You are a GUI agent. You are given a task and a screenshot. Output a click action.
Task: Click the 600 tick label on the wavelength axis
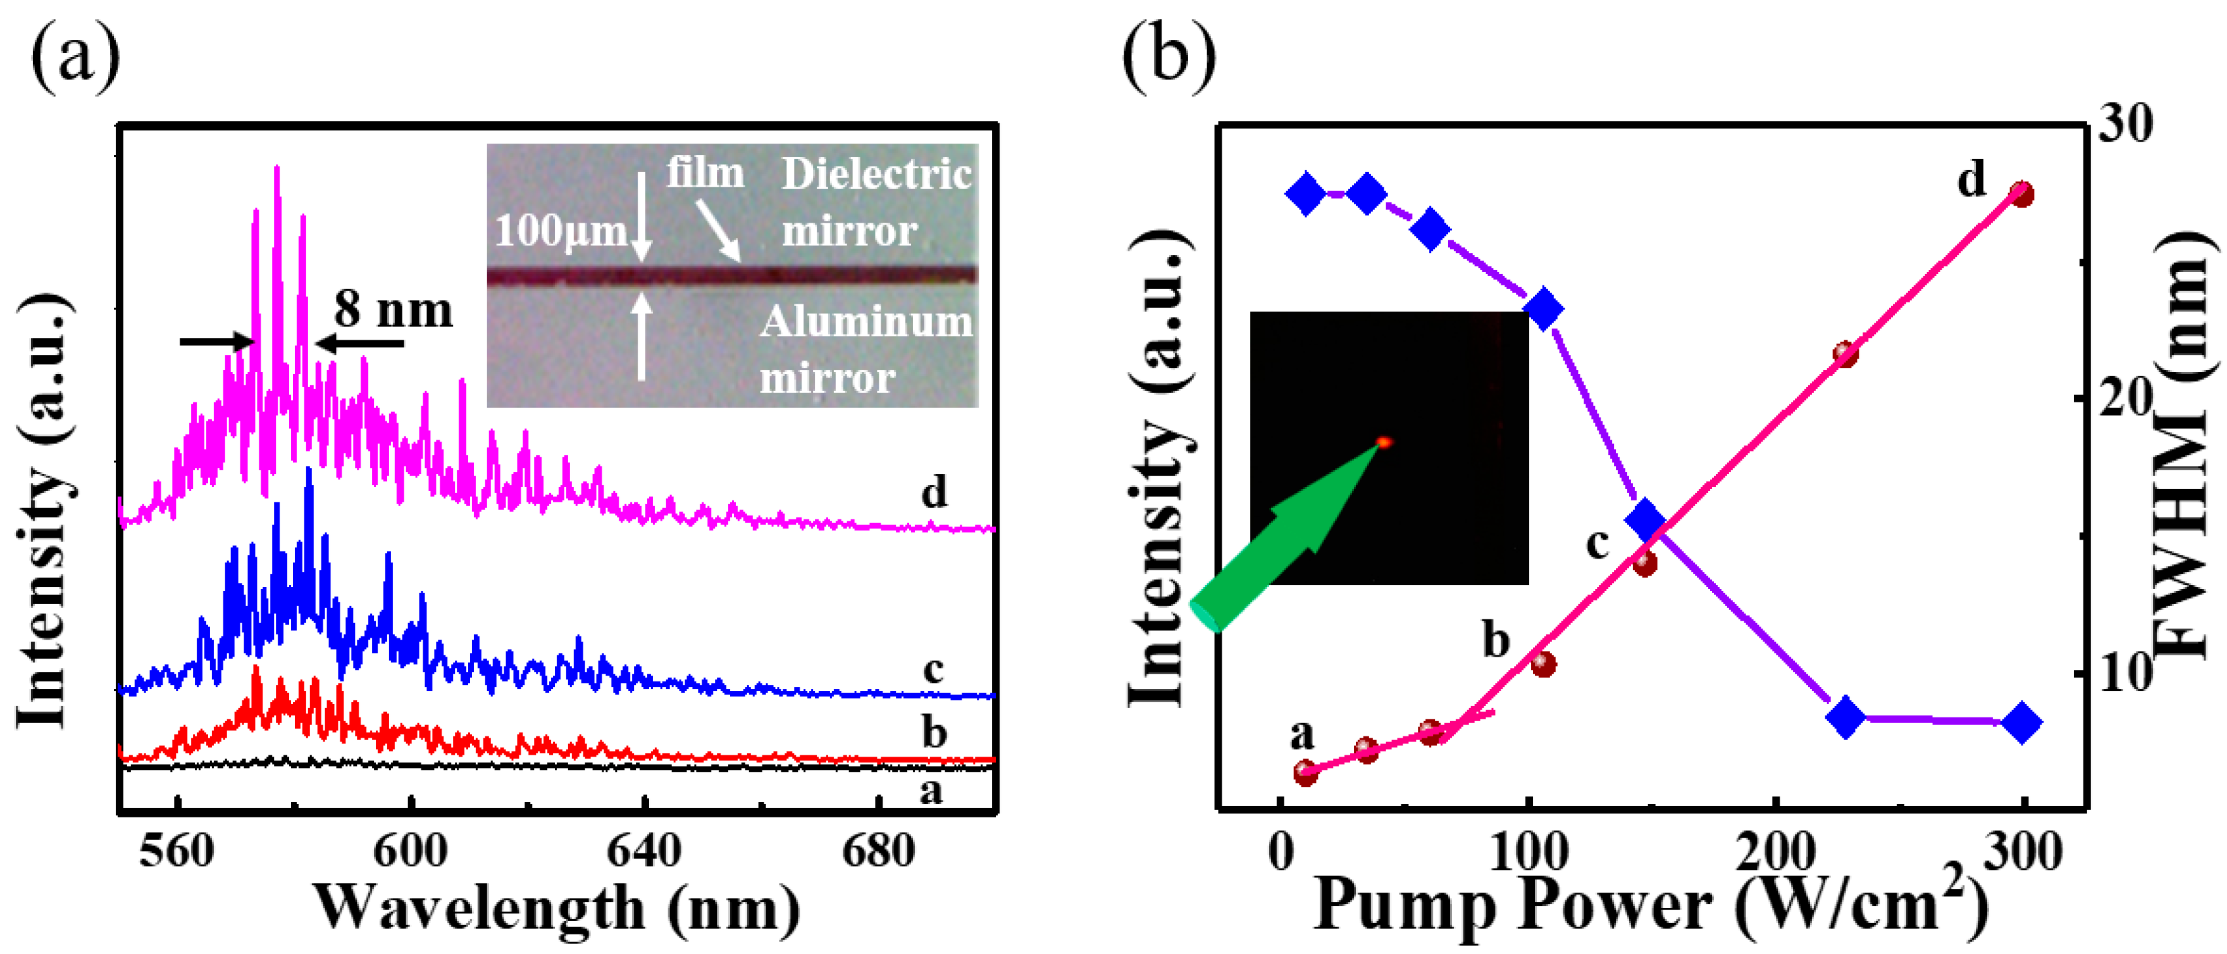(x=410, y=852)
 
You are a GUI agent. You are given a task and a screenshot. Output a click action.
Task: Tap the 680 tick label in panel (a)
(x=878, y=852)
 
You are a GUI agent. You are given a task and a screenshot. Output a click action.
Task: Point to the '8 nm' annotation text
(x=394, y=309)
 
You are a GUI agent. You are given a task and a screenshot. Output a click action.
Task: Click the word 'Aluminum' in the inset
(x=866, y=322)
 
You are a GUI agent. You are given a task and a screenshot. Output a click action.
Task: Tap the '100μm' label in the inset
(x=560, y=232)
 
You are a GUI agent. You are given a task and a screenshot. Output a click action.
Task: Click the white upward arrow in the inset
(x=642, y=337)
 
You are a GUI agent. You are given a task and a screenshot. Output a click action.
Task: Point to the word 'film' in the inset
(x=705, y=173)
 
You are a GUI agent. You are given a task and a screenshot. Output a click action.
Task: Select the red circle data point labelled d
(x=2021, y=194)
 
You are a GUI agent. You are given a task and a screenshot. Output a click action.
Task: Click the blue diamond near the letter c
(x=1645, y=519)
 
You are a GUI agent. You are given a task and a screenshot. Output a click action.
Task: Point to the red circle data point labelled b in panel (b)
(x=1543, y=664)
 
